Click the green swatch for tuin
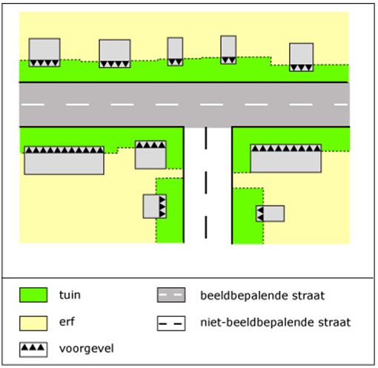33,295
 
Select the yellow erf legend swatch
33,323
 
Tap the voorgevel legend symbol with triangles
33,349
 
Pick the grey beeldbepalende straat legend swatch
171,295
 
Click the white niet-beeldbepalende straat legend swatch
171,323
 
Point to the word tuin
70,295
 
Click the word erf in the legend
67,322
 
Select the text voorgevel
87,349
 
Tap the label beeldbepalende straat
262,295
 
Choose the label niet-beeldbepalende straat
276,322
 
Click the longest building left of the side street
64,160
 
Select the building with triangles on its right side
155,206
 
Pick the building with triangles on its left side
270,214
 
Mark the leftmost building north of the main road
44,53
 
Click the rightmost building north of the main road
302,57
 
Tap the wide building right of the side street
286,158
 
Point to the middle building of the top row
175,51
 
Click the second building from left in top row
115,53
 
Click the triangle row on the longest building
64,150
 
